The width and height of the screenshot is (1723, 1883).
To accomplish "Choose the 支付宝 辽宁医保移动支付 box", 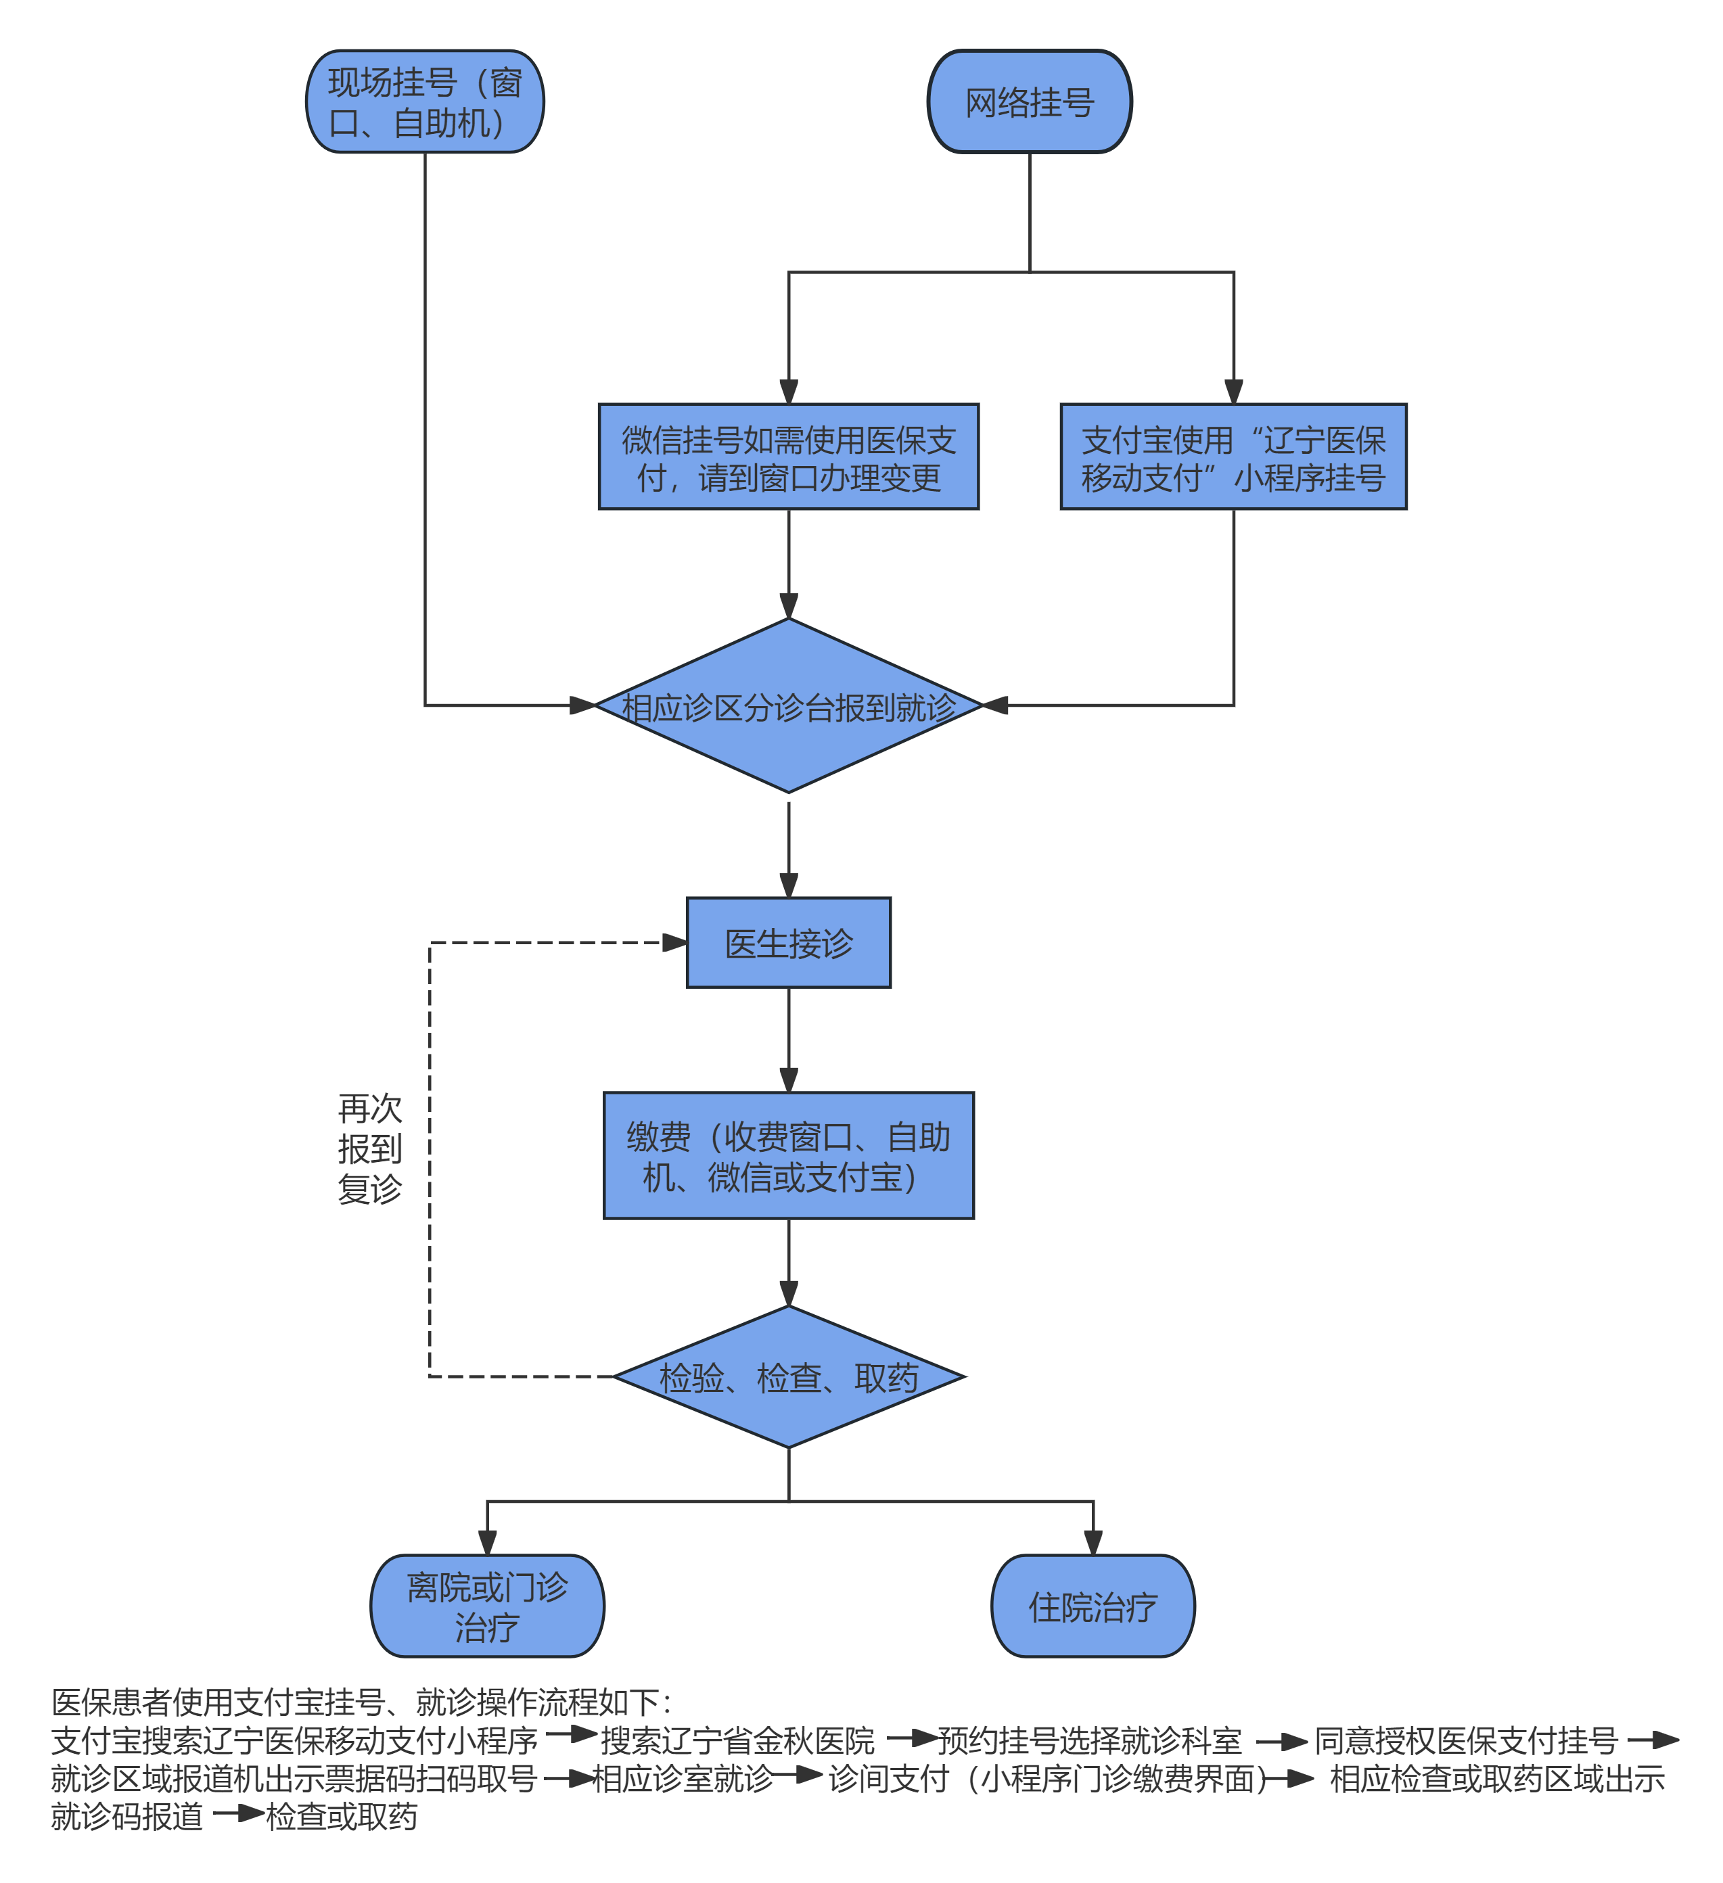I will coord(1233,457).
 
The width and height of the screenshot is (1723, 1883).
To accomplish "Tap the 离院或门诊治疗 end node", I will coord(487,1606).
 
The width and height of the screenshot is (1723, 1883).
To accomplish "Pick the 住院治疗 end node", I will coord(1093,1606).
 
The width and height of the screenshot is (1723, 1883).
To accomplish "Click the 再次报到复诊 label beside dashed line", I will coord(369,1149).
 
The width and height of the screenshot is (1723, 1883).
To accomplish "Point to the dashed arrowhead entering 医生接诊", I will coord(674,942).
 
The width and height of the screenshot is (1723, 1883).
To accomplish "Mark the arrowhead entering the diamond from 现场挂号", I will coord(582,705).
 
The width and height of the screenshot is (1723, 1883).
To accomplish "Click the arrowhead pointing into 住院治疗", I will coord(1093,1543).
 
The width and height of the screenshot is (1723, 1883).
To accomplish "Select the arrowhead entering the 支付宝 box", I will coord(1233,392).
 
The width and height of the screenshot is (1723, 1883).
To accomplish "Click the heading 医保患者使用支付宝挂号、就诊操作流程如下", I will coord(361,1702).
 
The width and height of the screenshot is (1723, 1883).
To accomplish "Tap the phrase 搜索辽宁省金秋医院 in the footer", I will coord(737,1741).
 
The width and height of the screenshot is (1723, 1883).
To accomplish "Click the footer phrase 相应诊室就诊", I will coord(683,1778).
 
